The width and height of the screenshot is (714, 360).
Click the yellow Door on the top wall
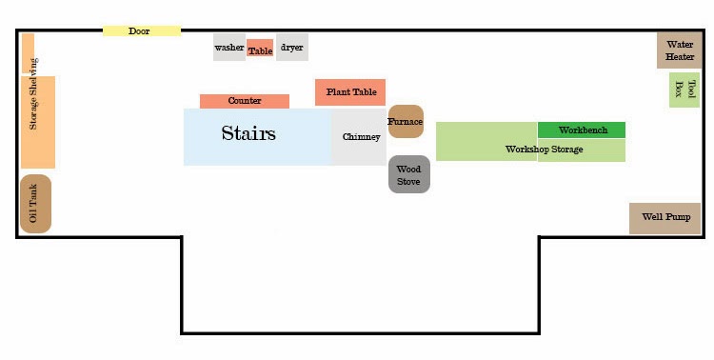click(x=142, y=31)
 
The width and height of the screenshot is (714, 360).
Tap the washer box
click(x=229, y=47)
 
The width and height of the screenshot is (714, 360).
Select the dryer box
click(x=292, y=47)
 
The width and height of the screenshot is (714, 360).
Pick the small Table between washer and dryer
click(x=261, y=48)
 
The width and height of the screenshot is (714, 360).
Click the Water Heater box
click(x=680, y=50)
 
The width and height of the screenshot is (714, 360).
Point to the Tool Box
click(x=684, y=90)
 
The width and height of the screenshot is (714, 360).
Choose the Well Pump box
click(x=664, y=218)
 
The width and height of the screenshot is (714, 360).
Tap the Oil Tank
click(x=35, y=204)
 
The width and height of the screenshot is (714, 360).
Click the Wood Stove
click(x=409, y=174)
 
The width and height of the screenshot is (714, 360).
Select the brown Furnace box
click(x=406, y=122)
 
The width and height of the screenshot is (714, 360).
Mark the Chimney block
click(x=359, y=137)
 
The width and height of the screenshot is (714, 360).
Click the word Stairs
click(x=248, y=133)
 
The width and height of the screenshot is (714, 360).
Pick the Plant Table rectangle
click(x=350, y=92)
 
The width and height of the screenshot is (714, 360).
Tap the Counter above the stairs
click(x=245, y=101)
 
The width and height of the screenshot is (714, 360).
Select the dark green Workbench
click(x=582, y=130)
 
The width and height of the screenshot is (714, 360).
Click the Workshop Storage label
click(x=545, y=149)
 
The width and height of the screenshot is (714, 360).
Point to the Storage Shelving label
click(x=33, y=93)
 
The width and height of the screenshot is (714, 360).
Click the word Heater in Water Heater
click(x=680, y=57)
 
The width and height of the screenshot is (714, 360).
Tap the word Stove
click(x=408, y=181)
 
